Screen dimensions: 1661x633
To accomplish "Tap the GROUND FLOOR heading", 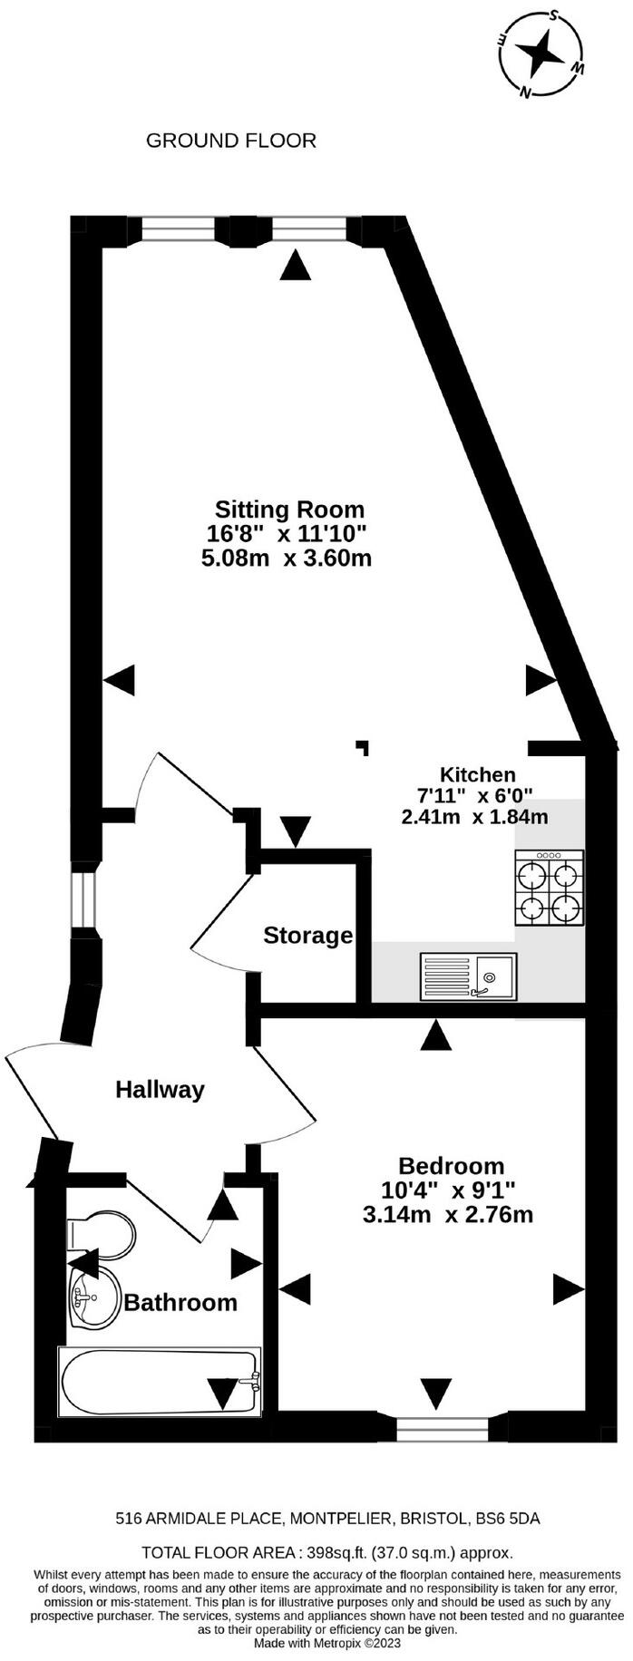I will coord(230,141).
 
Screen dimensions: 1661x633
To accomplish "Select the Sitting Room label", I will coord(289,509).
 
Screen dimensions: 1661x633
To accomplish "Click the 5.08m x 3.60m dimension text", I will coord(287,558).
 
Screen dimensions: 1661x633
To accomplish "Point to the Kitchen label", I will coord(477,774).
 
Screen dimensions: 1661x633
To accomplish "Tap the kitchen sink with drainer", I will coord(468,976).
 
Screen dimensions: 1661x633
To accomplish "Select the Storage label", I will coord(307,935).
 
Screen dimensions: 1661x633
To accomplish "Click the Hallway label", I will coord(160,1089).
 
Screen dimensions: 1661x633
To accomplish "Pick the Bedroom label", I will coord(451,1165).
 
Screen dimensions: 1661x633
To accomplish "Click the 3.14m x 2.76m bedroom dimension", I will coord(447,1214).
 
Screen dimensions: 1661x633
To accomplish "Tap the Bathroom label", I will coord(180,1303).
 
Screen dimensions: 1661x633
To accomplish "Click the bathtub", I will coord(160,1382).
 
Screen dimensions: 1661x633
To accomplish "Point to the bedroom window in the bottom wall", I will coord(430,1429).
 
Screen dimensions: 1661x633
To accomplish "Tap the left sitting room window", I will coord(178,230).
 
